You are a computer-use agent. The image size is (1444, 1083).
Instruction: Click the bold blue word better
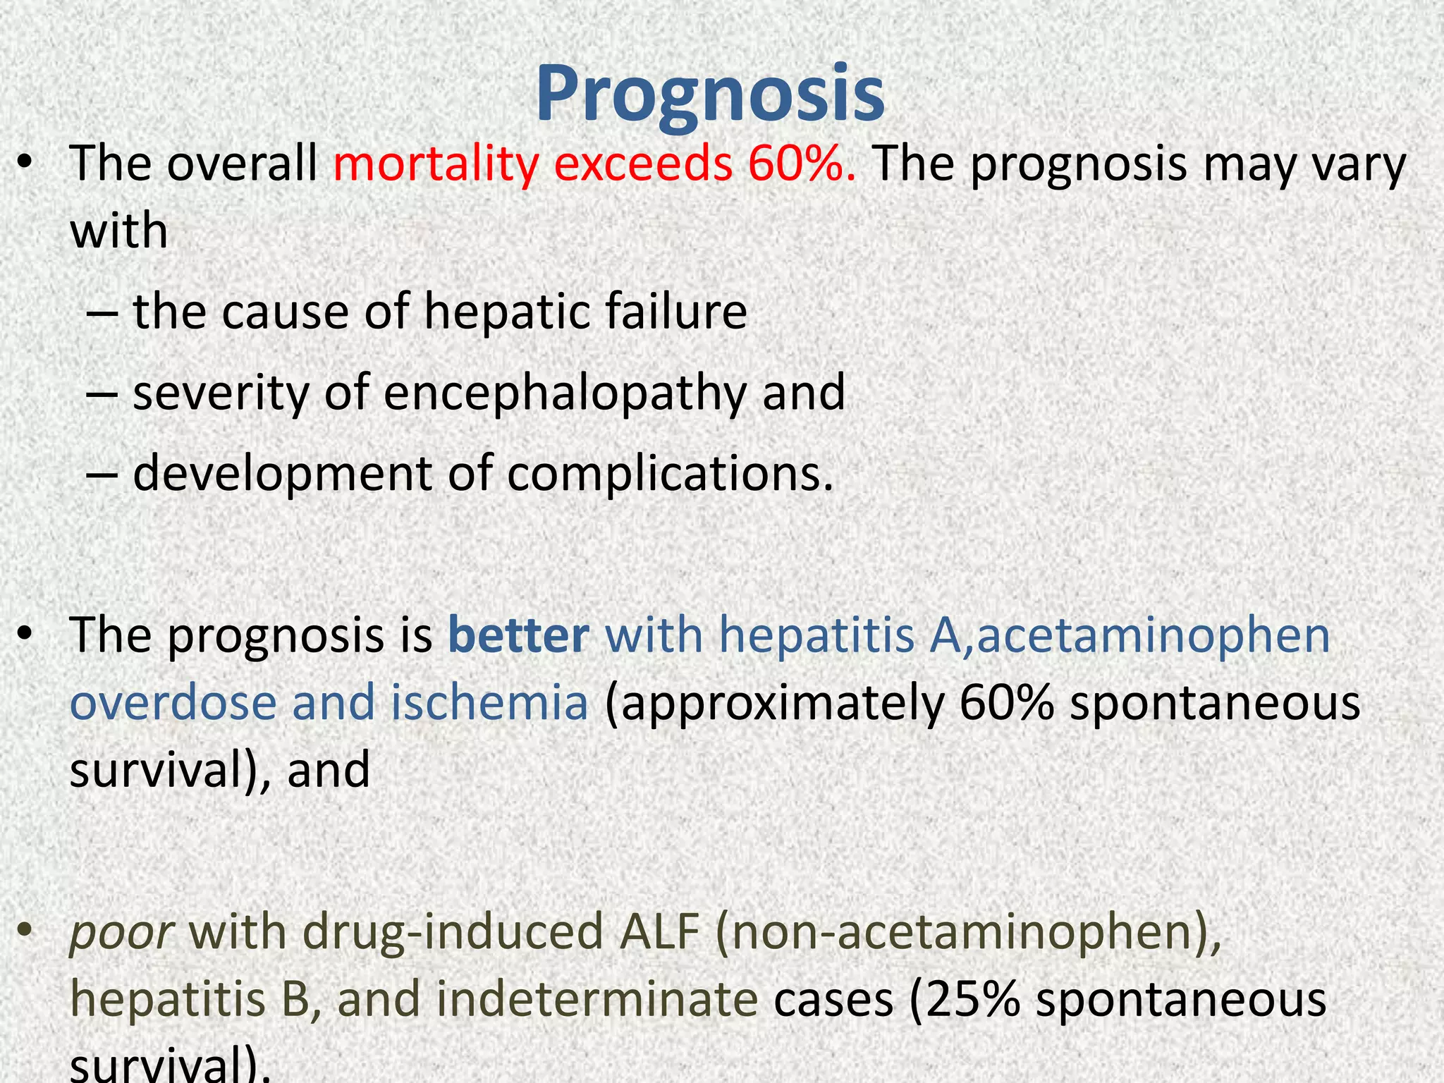518,635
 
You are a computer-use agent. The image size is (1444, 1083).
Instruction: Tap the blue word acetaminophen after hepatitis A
1153,635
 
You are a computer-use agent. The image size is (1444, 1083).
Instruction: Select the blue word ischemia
489,702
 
